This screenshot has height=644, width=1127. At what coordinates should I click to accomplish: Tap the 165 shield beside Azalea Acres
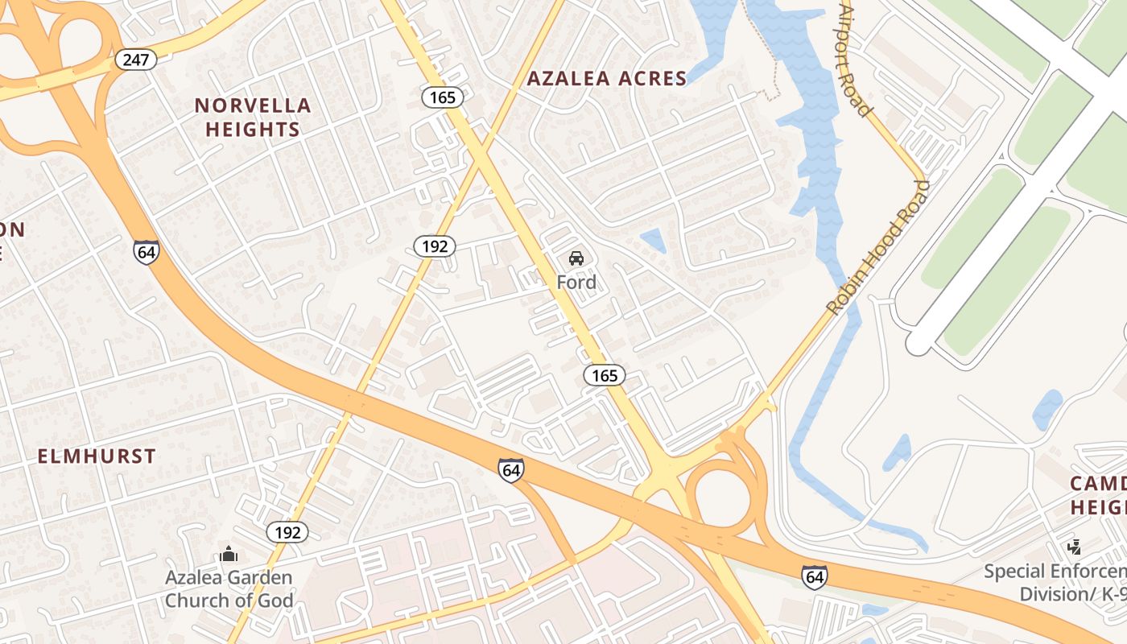(x=442, y=97)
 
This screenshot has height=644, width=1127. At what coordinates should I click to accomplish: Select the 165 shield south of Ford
(x=605, y=375)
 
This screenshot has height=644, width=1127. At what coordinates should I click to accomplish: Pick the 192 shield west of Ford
(x=435, y=246)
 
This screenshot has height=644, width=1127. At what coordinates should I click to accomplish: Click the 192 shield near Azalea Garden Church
(x=287, y=532)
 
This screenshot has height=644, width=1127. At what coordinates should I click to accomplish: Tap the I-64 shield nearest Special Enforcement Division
(x=814, y=576)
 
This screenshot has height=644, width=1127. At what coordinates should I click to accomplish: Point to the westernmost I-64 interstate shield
(x=147, y=252)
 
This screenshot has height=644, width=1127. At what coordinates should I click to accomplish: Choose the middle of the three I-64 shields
(x=510, y=470)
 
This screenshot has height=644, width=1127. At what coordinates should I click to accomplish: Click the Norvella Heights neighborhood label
(x=253, y=117)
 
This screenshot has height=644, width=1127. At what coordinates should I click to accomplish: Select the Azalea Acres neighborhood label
(x=607, y=78)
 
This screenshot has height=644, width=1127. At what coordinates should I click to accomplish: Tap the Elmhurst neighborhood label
(x=97, y=456)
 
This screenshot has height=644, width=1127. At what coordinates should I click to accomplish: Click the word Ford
(x=576, y=283)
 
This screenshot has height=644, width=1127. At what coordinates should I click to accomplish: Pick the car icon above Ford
(x=576, y=258)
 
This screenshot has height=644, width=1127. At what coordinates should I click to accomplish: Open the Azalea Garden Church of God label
(x=229, y=588)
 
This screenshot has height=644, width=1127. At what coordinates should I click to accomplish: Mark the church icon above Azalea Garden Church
(x=229, y=554)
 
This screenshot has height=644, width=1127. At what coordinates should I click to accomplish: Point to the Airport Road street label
(x=856, y=60)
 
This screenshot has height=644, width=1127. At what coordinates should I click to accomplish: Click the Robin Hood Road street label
(x=877, y=248)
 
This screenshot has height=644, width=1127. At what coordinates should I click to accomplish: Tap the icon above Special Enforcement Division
(x=1074, y=547)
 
